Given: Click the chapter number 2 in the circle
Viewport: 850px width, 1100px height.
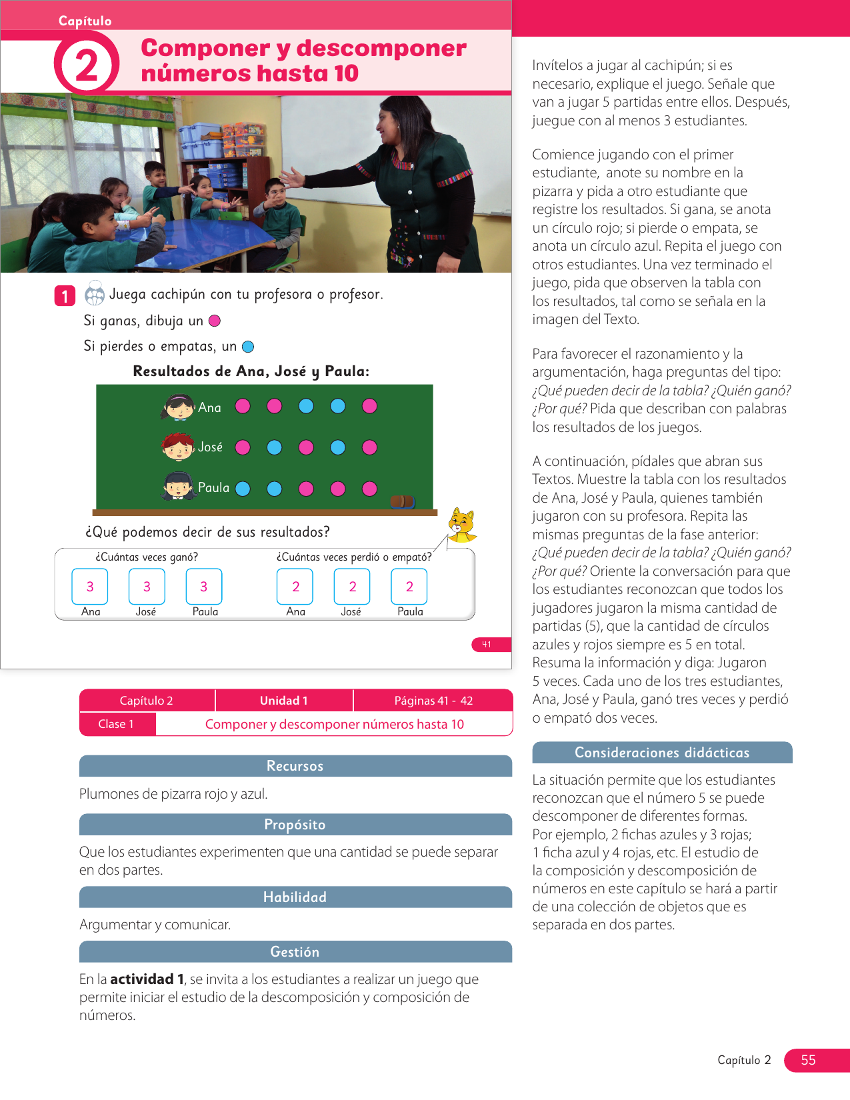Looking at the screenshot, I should pyautogui.click(x=87, y=65).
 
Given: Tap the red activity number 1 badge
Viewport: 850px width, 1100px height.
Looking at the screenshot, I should pyautogui.click(x=65, y=295).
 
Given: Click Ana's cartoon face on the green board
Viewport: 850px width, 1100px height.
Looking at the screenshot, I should pyautogui.click(x=178, y=407).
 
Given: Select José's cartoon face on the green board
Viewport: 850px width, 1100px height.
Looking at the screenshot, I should pyautogui.click(x=178, y=447).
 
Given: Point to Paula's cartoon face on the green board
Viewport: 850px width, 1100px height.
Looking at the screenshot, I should pyautogui.click(x=178, y=487).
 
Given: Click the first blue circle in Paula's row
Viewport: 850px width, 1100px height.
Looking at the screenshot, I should pyautogui.click(x=243, y=489).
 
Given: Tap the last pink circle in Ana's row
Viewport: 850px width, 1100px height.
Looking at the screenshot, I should pyautogui.click(x=369, y=406).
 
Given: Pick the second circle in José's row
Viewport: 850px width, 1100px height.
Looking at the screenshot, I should pyautogui.click(x=274, y=447).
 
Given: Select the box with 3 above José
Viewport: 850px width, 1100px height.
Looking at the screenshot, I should pyautogui.click(x=147, y=587).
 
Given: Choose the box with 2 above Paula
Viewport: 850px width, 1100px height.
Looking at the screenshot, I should pyautogui.click(x=409, y=587).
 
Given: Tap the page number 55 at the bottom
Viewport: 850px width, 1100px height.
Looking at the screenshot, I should pyautogui.click(x=809, y=1060).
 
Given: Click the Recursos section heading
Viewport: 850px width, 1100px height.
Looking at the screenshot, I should pyautogui.click(x=295, y=766).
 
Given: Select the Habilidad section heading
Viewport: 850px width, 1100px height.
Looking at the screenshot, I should pyautogui.click(x=295, y=897).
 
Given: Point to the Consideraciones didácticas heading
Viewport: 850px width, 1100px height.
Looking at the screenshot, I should pyautogui.click(x=662, y=753).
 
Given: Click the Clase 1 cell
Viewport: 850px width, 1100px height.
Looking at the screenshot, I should pyautogui.click(x=117, y=724).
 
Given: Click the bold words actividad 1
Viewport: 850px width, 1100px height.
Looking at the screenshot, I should pyautogui.click(x=147, y=979).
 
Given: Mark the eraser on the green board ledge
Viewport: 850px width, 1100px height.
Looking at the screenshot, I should pyautogui.click(x=402, y=501).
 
